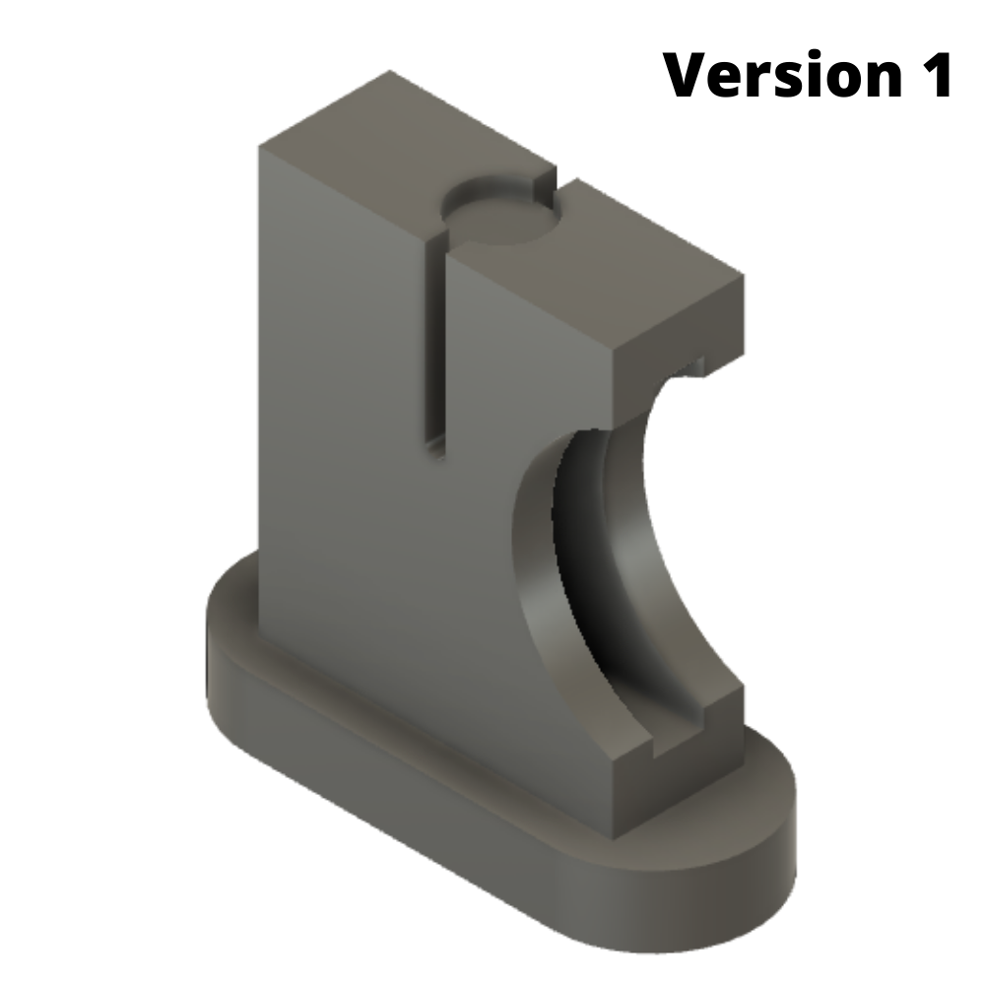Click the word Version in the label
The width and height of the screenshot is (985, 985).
click(x=778, y=75)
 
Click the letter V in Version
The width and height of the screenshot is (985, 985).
click(x=688, y=75)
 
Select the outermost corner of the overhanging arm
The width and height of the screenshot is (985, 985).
click(x=743, y=280)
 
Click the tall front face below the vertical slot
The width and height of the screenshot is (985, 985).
click(x=394, y=591)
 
